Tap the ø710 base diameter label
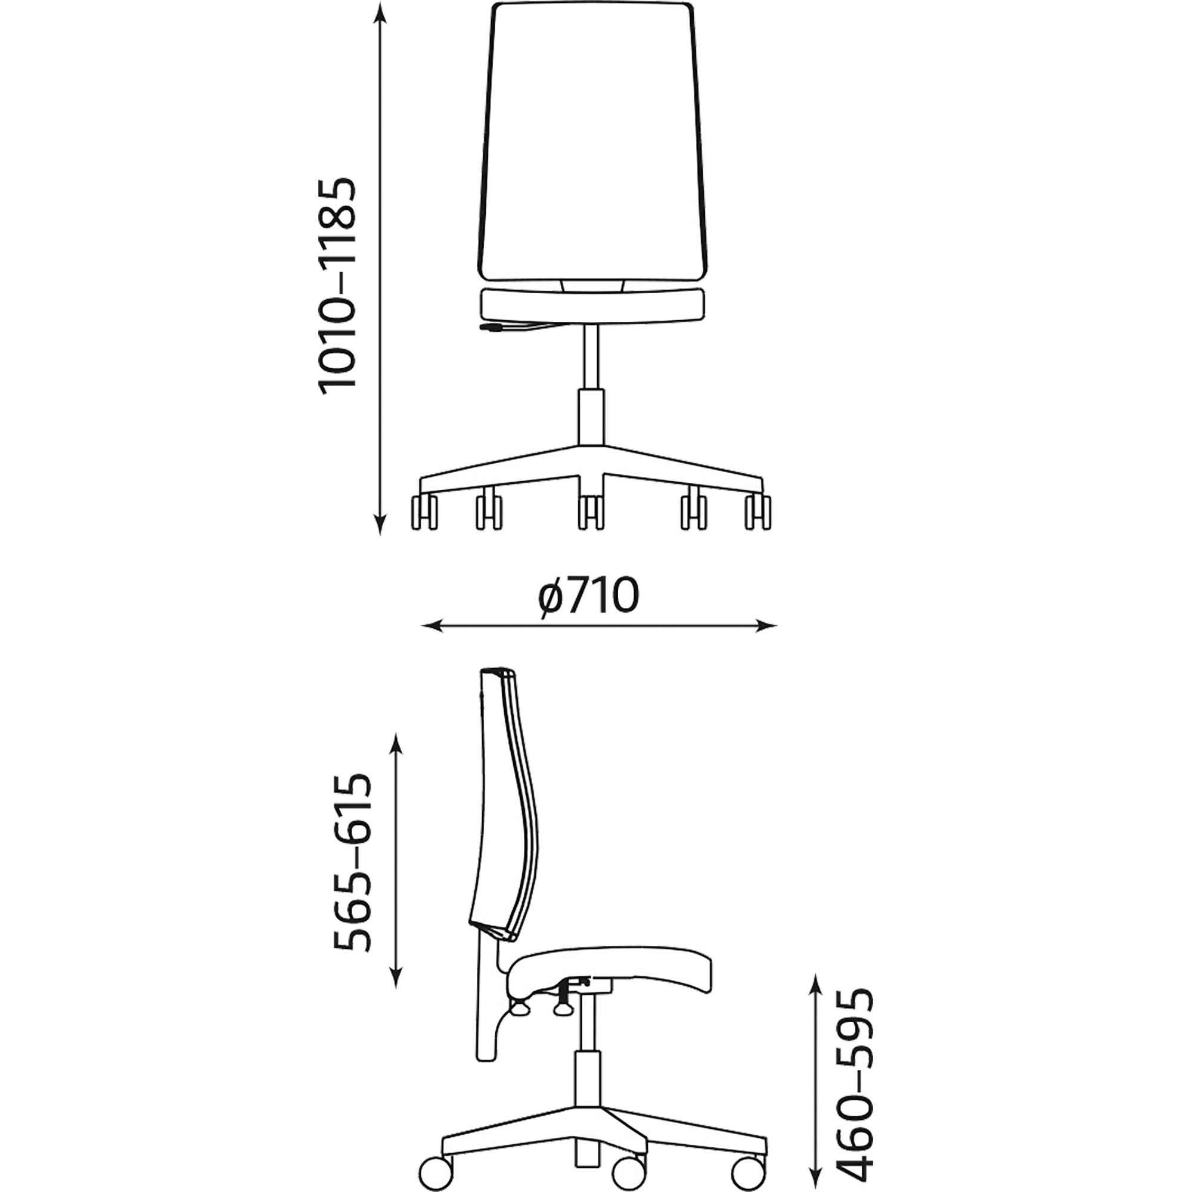click(588, 596)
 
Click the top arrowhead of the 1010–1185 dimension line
click(382, 14)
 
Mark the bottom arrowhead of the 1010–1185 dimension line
click(382, 524)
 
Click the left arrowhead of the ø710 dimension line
click(432, 626)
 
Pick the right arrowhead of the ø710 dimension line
click(766, 626)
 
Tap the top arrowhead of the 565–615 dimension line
click(398, 743)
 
